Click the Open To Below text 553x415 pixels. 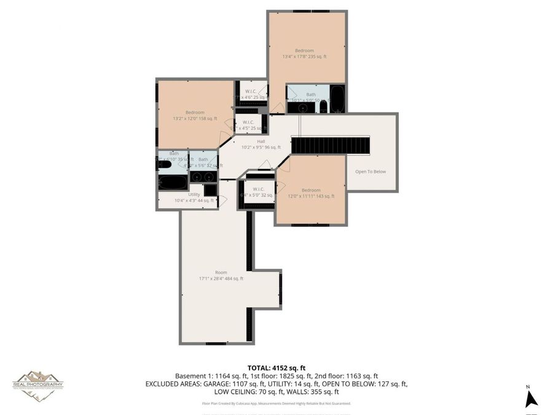tap(371, 172)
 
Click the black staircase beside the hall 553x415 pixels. tap(331, 146)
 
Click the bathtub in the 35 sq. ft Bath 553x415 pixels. tap(173, 182)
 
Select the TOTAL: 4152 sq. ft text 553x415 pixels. tap(276, 367)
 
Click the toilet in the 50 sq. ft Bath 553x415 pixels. tap(323, 106)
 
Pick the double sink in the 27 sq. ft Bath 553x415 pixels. tap(203, 176)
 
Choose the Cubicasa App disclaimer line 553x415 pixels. tap(276, 403)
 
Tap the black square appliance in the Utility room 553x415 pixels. tap(210, 191)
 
